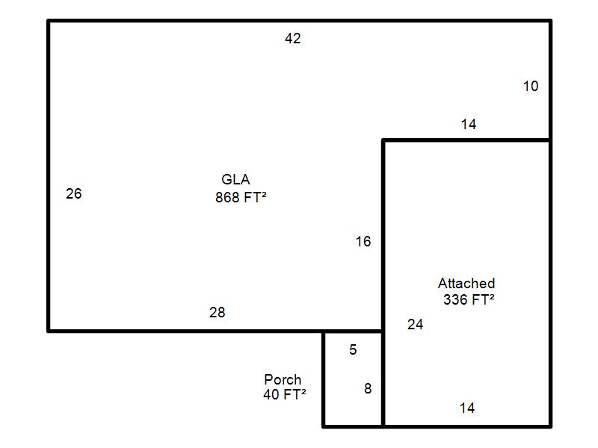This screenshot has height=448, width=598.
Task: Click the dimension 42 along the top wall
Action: [293, 38]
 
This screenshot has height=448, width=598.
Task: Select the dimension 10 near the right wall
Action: [531, 86]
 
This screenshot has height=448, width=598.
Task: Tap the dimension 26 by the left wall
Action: [73, 193]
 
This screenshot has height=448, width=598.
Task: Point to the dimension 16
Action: [363, 241]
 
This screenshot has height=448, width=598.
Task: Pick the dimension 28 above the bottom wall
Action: [218, 312]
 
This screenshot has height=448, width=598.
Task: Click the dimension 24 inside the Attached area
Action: [416, 324]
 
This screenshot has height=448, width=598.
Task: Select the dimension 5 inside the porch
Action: [353, 349]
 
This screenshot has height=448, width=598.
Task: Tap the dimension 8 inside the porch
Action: [368, 388]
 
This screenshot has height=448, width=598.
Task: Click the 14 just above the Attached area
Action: [469, 124]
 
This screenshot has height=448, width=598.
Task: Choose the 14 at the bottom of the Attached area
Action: [467, 408]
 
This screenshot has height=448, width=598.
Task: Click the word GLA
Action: [235, 179]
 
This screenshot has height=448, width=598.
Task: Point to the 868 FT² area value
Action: [241, 197]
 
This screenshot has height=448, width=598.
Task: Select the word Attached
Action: [466, 283]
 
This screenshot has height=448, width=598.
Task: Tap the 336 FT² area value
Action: [469, 299]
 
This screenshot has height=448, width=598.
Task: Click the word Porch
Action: [283, 379]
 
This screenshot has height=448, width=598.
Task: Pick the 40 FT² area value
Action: [285, 394]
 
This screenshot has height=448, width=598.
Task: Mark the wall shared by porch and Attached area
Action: [383, 379]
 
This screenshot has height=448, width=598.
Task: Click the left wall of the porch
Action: [324, 379]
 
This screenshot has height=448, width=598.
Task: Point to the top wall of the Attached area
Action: [466, 140]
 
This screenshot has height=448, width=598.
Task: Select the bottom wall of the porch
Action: [353, 426]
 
